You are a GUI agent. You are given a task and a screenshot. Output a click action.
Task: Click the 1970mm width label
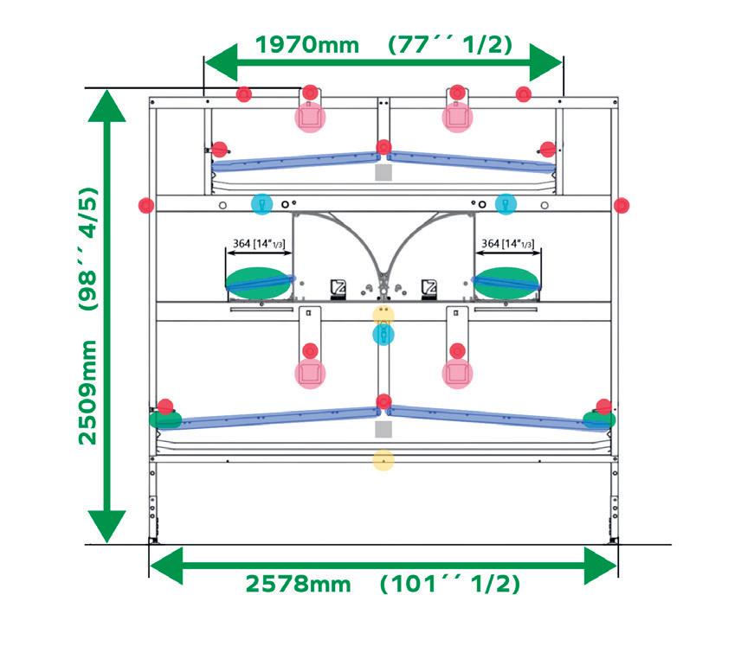coord(307,44)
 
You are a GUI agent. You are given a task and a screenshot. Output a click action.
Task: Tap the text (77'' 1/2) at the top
coord(450,44)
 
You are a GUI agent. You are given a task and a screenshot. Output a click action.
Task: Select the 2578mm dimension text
coord(299,585)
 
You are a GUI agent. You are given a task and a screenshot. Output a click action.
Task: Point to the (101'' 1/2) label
coord(450,585)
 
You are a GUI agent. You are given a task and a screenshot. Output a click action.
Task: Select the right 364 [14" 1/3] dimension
coord(508,244)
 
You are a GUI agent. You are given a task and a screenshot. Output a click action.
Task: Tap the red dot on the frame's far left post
coord(146,205)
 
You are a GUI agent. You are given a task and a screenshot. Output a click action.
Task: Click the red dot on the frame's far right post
coord(621,205)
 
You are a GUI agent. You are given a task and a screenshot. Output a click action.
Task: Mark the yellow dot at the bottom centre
coord(383,460)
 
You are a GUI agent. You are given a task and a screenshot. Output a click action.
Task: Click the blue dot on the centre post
coord(383,334)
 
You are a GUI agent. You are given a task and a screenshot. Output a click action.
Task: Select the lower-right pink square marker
coord(457,374)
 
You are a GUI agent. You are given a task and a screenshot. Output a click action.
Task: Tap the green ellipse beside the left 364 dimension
coord(259,282)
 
